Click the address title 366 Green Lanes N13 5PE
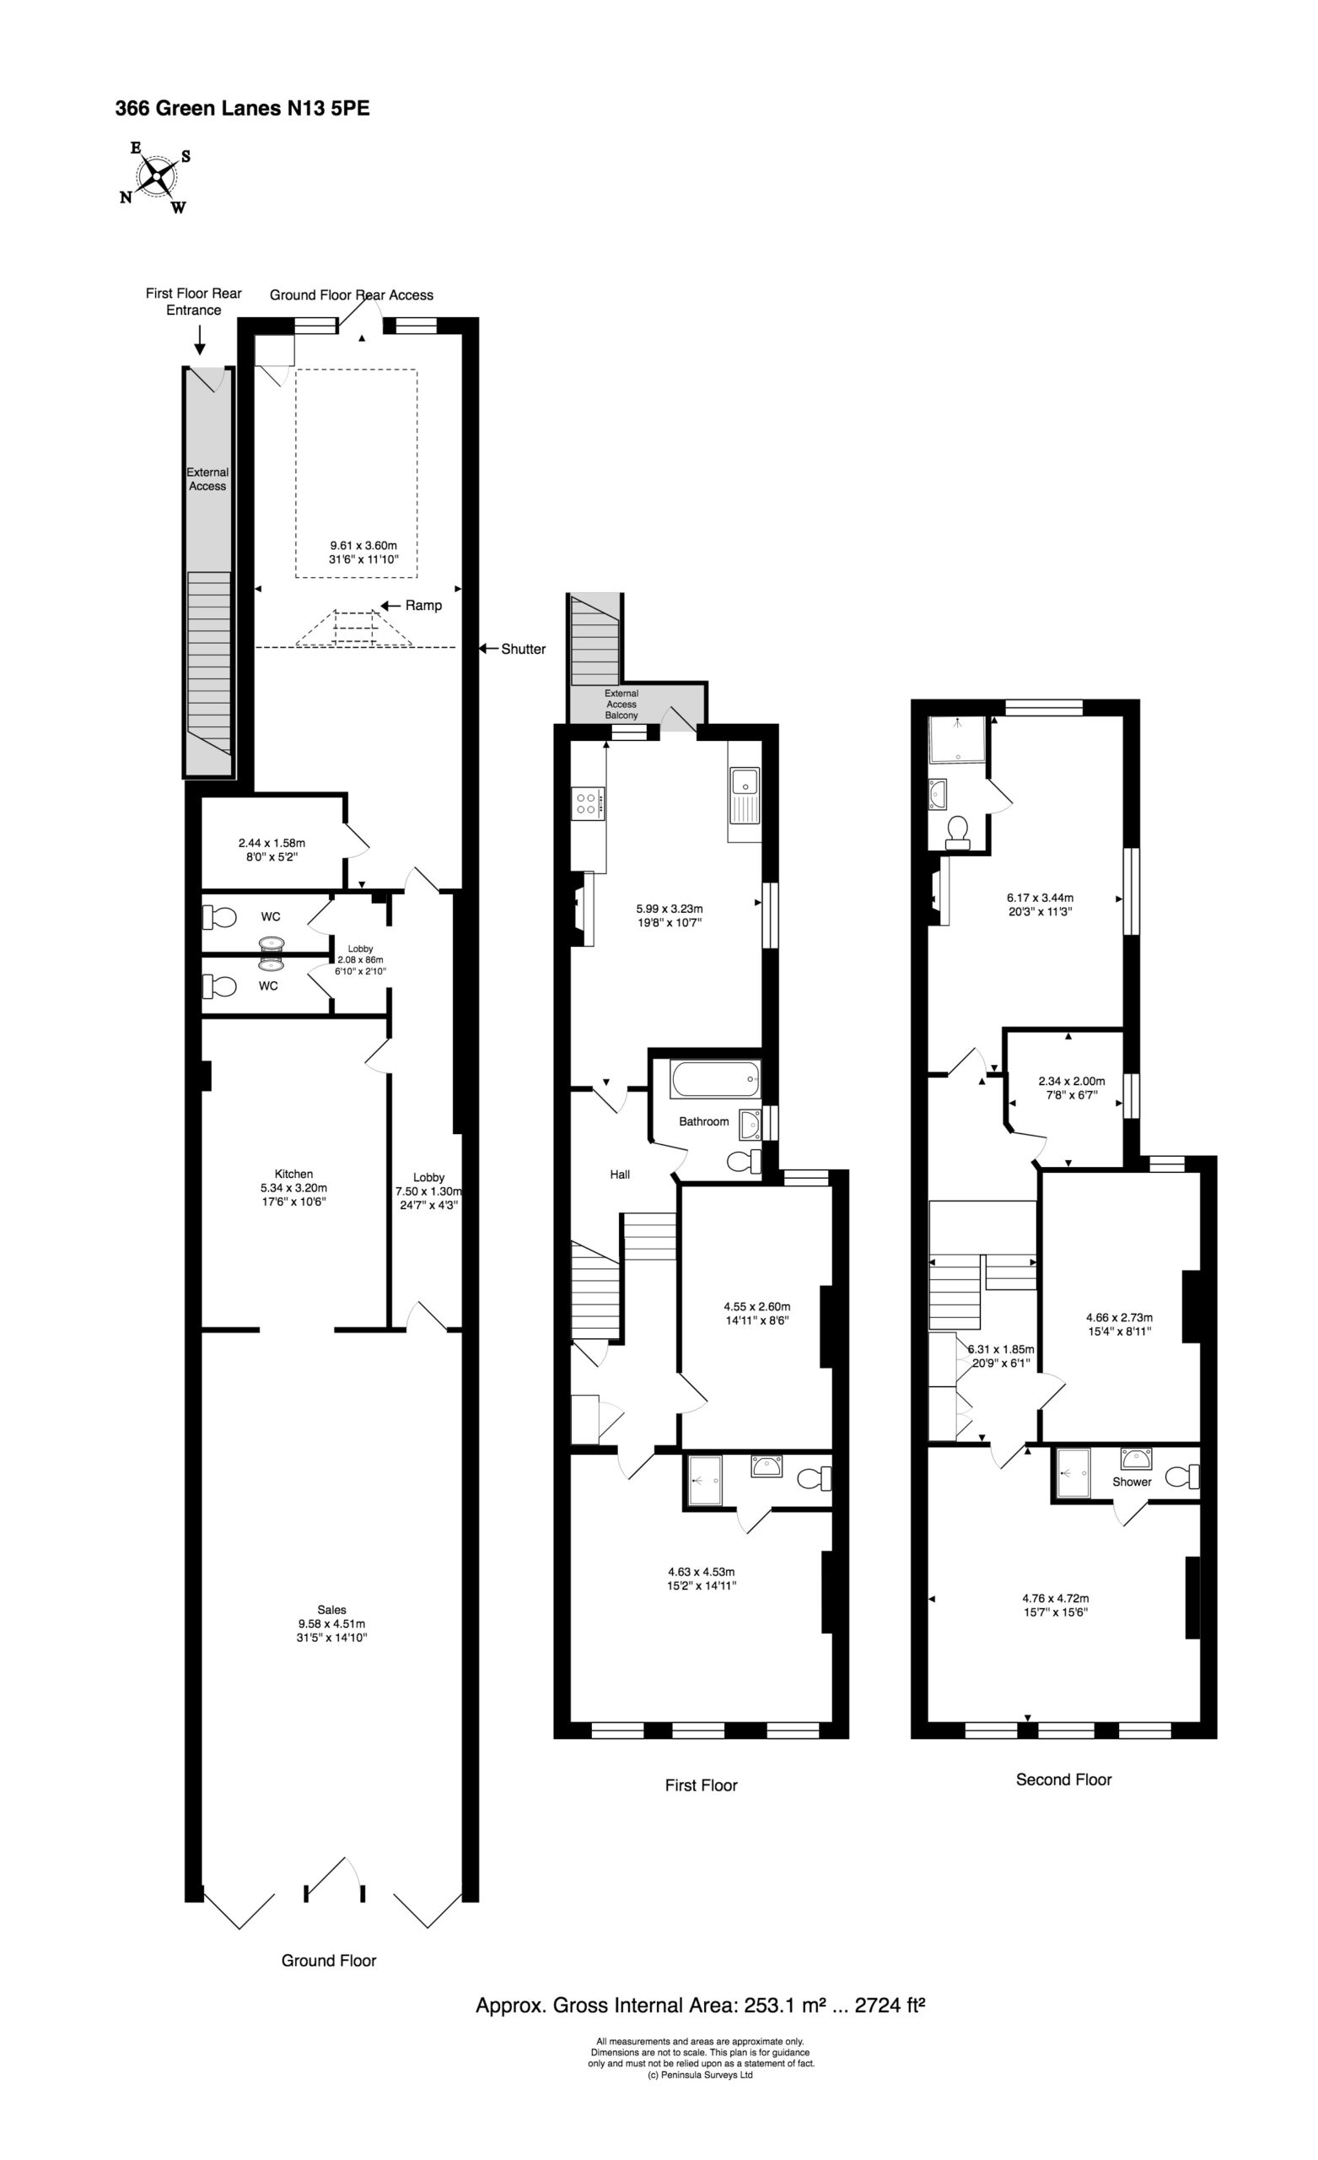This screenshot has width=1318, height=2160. [x=243, y=109]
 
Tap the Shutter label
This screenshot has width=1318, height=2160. [x=523, y=650]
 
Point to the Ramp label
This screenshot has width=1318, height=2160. [x=423, y=606]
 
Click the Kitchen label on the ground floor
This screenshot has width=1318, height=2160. [x=293, y=1174]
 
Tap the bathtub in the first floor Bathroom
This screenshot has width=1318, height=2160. [x=716, y=1079]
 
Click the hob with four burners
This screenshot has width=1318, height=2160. [x=588, y=804]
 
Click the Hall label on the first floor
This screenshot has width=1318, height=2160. [x=620, y=1174]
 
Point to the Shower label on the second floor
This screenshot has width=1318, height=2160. [x=1132, y=1482]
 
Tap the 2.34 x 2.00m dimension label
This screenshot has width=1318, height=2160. [x=1071, y=1082]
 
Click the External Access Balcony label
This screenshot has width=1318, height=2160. [x=621, y=705]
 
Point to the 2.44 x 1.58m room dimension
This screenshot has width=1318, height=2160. [x=272, y=843]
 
